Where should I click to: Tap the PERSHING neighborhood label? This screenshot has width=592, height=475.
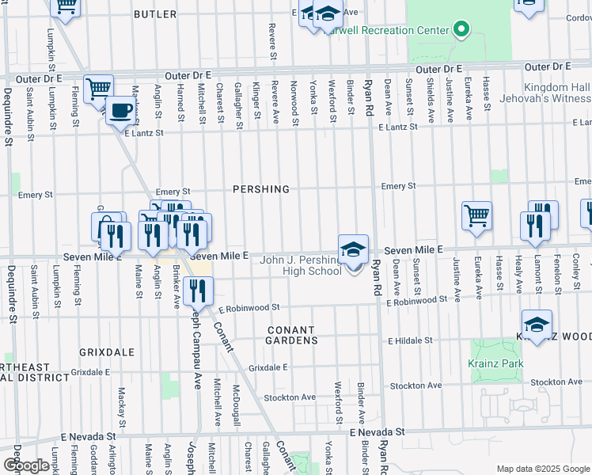point(260,189)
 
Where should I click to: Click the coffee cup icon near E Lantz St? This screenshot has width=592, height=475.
point(120,111)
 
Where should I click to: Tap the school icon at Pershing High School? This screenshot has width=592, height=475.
point(353,249)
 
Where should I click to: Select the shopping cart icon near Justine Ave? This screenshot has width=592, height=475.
point(477,215)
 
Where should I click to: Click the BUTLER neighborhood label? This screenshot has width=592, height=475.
point(155,14)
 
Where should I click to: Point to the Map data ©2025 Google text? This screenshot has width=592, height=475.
point(544,469)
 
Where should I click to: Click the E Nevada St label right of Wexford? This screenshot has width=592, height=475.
point(378,432)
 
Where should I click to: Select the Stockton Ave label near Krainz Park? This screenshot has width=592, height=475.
point(556,382)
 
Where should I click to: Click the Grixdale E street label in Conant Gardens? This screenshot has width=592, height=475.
point(268,368)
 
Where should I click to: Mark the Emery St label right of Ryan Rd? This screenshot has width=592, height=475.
point(398,186)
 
